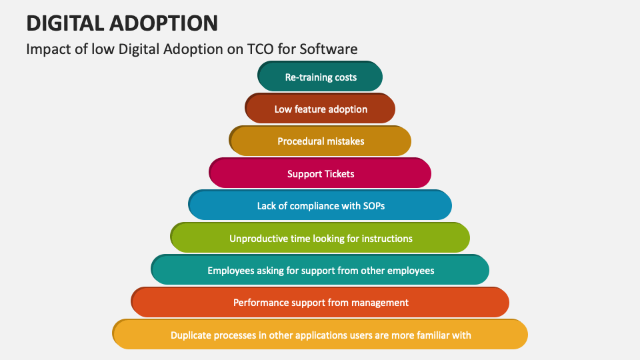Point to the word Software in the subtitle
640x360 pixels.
tap(328, 49)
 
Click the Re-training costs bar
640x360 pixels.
tap(321, 77)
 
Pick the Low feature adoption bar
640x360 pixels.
tap(321, 109)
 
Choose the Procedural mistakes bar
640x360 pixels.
tap(321, 141)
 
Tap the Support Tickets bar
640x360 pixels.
tap(321, 173)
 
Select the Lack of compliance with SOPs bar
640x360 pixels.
tap(321, 205)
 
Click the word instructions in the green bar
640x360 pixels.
tap(387, 238)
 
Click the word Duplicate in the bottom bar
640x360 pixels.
tap(192, 335)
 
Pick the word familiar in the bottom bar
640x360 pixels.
tap(428, 335)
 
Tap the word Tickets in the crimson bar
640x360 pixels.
tap(339, 173)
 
